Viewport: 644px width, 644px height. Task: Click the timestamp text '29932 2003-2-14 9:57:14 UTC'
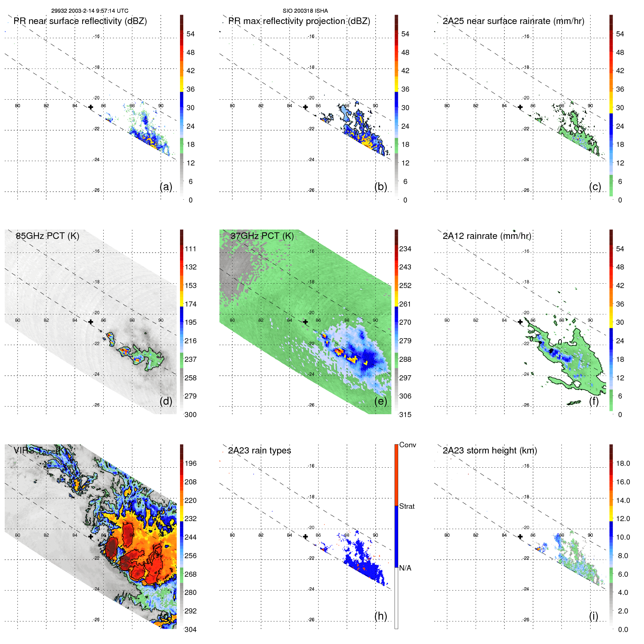(89, 11)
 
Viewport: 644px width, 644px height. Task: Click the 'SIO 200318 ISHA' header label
(305, 11)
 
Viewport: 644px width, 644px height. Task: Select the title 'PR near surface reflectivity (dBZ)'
(80, 21)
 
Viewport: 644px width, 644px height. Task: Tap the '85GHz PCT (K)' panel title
(47, 236)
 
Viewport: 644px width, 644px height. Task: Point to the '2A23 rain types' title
(259, 451)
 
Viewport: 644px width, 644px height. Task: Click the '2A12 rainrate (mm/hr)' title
(487, 236)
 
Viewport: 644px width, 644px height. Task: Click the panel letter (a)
(166, 187)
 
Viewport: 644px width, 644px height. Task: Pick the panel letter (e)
(380, 401)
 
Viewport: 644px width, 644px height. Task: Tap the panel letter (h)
(380, 616)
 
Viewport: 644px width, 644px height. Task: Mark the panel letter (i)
(593, 616)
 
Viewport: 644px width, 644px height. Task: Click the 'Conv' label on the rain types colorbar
(408, 445)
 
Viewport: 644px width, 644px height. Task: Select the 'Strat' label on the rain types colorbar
(407, 506)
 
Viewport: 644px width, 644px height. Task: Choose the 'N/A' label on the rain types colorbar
(405, 568)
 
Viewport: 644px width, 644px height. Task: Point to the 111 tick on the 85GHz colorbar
(191, 249)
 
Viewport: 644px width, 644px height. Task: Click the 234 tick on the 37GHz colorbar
(405, 249)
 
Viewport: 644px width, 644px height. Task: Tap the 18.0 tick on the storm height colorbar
(623, 463)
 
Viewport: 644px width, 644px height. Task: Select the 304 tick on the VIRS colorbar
(191, 629)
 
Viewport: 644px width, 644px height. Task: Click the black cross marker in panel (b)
(305, 107)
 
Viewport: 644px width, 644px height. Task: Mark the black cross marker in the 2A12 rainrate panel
(520, 322)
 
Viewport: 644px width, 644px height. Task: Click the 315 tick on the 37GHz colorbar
(405, 415)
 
